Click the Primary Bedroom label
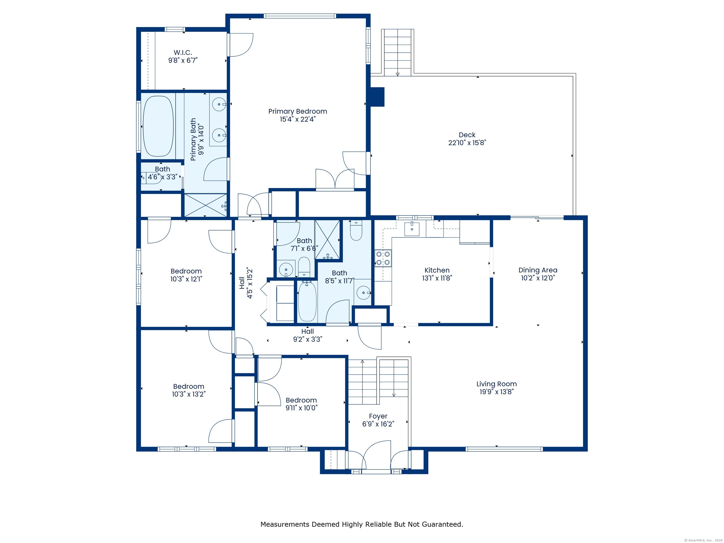pyautogui.click(x=297, y=111)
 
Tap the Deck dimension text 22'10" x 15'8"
pyautogui.click(x=467, y=143)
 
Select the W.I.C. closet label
pyautogui.click(x=183, y=52)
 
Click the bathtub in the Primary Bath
pyautogui.click(x=158, y=126)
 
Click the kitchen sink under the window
pyautogui.click(x=412, y=229)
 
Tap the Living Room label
pyautogui.click(x=497, y=384)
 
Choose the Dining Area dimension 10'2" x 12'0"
pyautogui.click(x=538, y=278)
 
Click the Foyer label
pyautogui.click(x=378, y=416)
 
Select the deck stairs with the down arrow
pyautogui.click(x=397, y=52)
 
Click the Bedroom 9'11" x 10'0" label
pyautogui.click(x=301, y=400)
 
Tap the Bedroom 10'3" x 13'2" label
pyautogui.click(x=189, y=387)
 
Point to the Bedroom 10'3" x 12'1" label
pyautogui.click(x=186, y=271)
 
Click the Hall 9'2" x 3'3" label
pyautogui.click(x=307, y=332)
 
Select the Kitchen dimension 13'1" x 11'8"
pyautogui.click(x=437, y=278)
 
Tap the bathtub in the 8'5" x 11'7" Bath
pyautogui.click(x=307, y=301)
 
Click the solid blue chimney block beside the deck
pyautogui.click(x=377, y=97)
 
